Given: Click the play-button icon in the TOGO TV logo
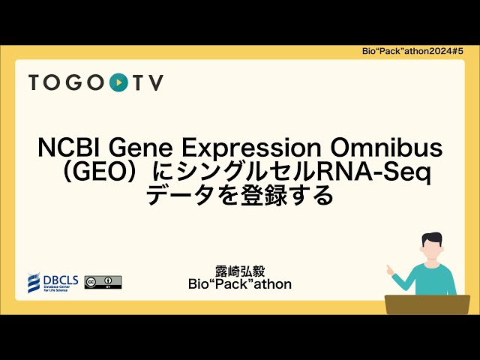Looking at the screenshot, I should pyautogui.click(x=118, y=82).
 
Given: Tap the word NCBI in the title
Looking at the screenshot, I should pyautogui.click(x=65, y=148).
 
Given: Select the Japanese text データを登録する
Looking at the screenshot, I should pyautogui.click(x=239, y=196).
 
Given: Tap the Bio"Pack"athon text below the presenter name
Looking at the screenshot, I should pyautogui.click(x=240, y=285).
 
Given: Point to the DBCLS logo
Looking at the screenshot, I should pyautogui.click(x=53, y=282).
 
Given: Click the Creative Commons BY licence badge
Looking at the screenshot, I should pyautogui.click(x=103, y=282).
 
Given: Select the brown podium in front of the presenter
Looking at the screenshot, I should pyautogui.click(x=427, y=304).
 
